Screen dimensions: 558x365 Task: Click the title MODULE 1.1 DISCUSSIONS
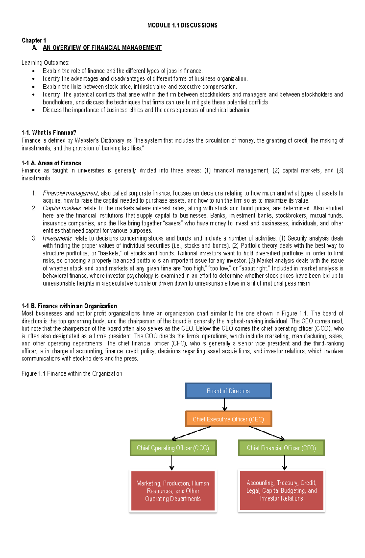tap(182, 25)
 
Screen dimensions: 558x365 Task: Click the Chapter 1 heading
tap(33, 40)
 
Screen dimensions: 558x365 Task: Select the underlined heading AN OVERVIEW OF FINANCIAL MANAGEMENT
tap(102, 48)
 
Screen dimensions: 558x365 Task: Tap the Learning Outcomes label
tap(45, 63)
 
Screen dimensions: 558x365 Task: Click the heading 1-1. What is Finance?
tap(49, 133)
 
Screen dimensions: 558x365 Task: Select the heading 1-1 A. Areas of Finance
tap(51, 163)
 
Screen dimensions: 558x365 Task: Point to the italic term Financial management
tap(70, 193)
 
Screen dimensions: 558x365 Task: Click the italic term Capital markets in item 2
tap(62, 208)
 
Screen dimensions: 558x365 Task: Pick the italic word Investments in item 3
tap(57, 238)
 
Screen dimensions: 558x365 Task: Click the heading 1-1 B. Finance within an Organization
tap(69, 306)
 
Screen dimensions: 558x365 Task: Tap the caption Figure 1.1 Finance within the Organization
tap(72, 373)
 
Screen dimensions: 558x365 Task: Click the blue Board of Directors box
tap(228, 391)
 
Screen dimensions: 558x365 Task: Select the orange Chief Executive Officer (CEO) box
tap(228, 419)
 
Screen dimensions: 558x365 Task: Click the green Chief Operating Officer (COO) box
tap(173, 448)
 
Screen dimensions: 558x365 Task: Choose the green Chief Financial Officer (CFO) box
tap(281, 448)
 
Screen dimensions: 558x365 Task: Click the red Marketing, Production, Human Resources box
tap(173, 491)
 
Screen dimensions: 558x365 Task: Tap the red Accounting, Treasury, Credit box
tap(281, 490)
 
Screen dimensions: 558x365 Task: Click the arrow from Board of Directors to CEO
tap(224, 405)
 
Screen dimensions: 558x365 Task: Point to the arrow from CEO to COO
tap(192, 433)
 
